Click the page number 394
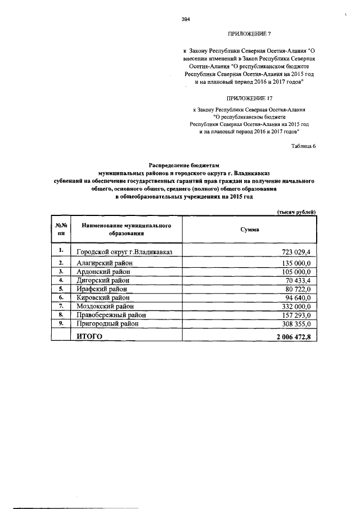(186, 19)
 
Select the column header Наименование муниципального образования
(125, 229)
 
